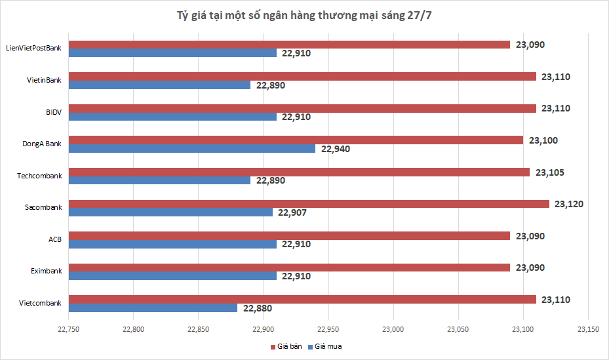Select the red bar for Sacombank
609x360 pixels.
(x=309, y=204)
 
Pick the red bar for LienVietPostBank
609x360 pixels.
(x=289, y=45)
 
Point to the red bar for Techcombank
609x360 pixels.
(x=299, y=172)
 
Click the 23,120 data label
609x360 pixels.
(x=568, y=204)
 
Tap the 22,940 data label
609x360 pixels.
(x=336, y=149)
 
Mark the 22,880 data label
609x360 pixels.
(x=257, y=308)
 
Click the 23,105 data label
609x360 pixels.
(x=549, y=172)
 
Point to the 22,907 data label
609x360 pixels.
(x=292, y=212)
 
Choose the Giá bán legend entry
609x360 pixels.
(x=286, y=346)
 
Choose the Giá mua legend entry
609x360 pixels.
(x=326, y=346)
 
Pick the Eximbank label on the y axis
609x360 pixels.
(x=46, y=271)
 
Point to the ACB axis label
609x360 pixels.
(x=54, y=239)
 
